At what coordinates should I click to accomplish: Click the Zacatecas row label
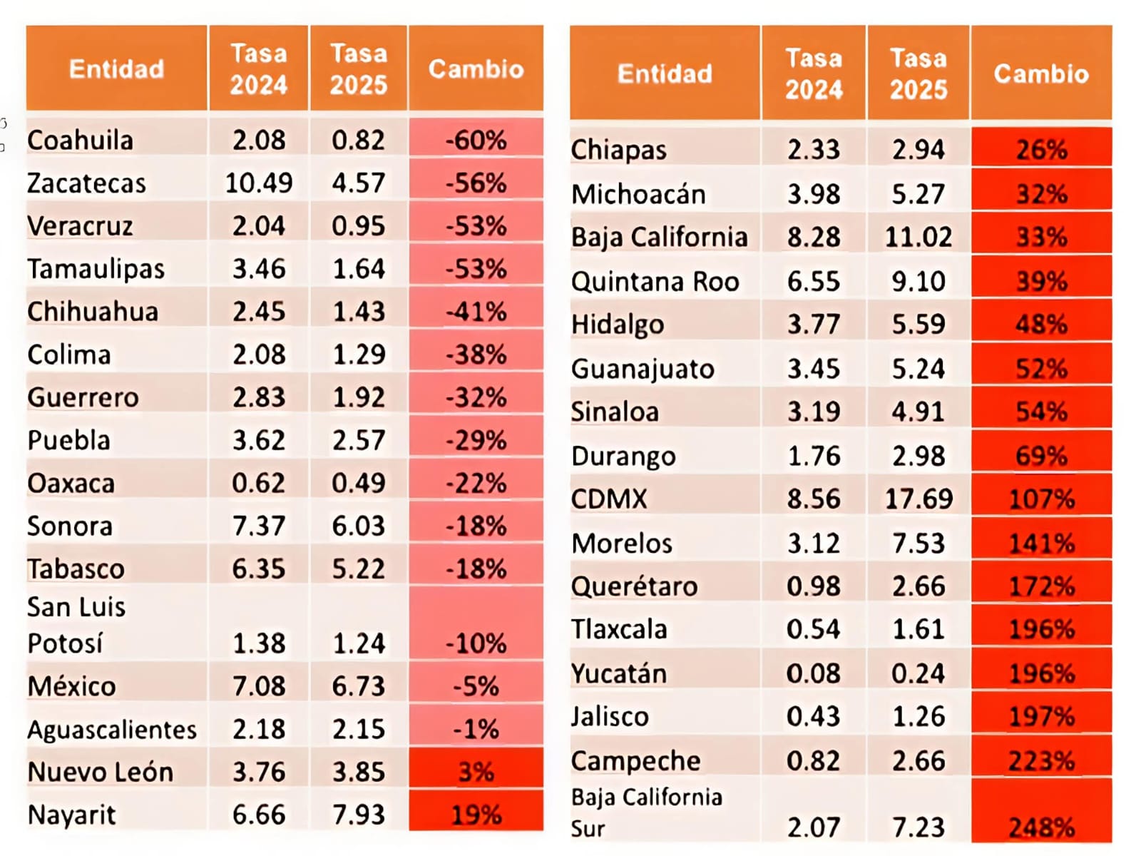point(86,183)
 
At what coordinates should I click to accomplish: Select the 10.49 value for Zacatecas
point(258,183)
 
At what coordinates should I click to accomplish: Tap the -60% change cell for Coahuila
point(476,141)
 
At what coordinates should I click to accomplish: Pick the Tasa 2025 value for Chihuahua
point(358,312)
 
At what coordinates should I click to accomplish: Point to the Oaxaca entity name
point(71,484)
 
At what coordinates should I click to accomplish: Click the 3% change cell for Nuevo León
point(476,772)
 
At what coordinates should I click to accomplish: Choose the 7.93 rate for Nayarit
point(358,815)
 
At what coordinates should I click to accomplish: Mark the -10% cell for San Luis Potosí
point(476,643)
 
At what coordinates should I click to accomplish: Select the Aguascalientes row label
point(112,729)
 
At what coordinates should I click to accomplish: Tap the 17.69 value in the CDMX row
point(919,499)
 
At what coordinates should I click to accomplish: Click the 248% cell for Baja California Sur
point(1041,827)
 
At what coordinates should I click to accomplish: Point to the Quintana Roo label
point(655,282)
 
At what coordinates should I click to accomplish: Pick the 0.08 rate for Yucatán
point(814,673)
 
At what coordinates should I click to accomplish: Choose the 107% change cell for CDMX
point(1041,499)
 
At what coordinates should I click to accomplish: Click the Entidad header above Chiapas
point(665,73)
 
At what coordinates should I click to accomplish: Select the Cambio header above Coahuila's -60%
point(476,68)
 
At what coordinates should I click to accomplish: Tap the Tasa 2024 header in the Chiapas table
point(814,73)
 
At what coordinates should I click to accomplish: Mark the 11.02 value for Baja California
point(919,237)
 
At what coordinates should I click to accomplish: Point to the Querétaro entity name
point(635,586)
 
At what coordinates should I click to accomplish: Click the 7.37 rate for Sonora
point(258,526)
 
